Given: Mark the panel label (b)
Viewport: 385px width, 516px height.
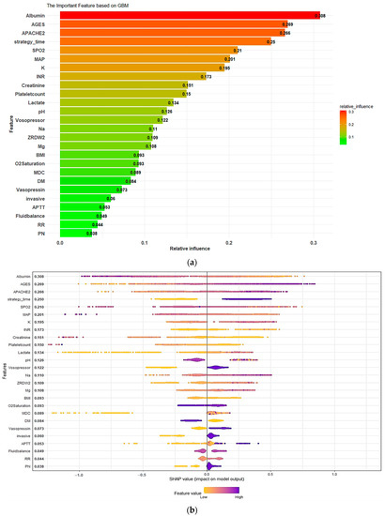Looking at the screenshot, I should tap(192, 509).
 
